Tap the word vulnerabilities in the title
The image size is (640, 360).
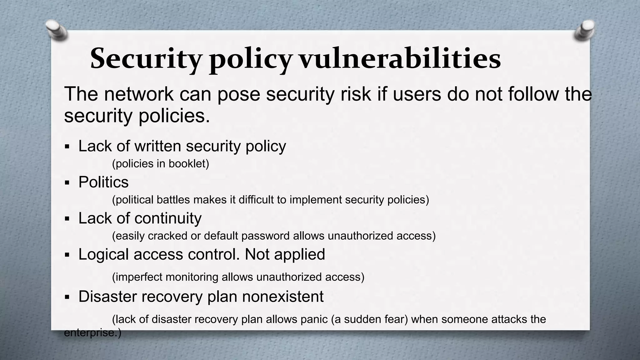[400, 59]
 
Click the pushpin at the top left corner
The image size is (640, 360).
[56, 30]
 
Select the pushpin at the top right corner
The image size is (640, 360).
[584, 30]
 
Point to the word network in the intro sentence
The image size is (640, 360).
[138, 94]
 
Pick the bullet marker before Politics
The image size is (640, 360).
[67, 182]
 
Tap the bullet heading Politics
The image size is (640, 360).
[103, 182]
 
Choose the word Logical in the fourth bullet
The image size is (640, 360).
[104, 254]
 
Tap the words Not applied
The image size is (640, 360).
[285, 254]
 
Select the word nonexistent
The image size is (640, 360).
[282, 296]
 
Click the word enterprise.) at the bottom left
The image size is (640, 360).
[92, 333]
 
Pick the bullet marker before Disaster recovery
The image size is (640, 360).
[67, 297]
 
